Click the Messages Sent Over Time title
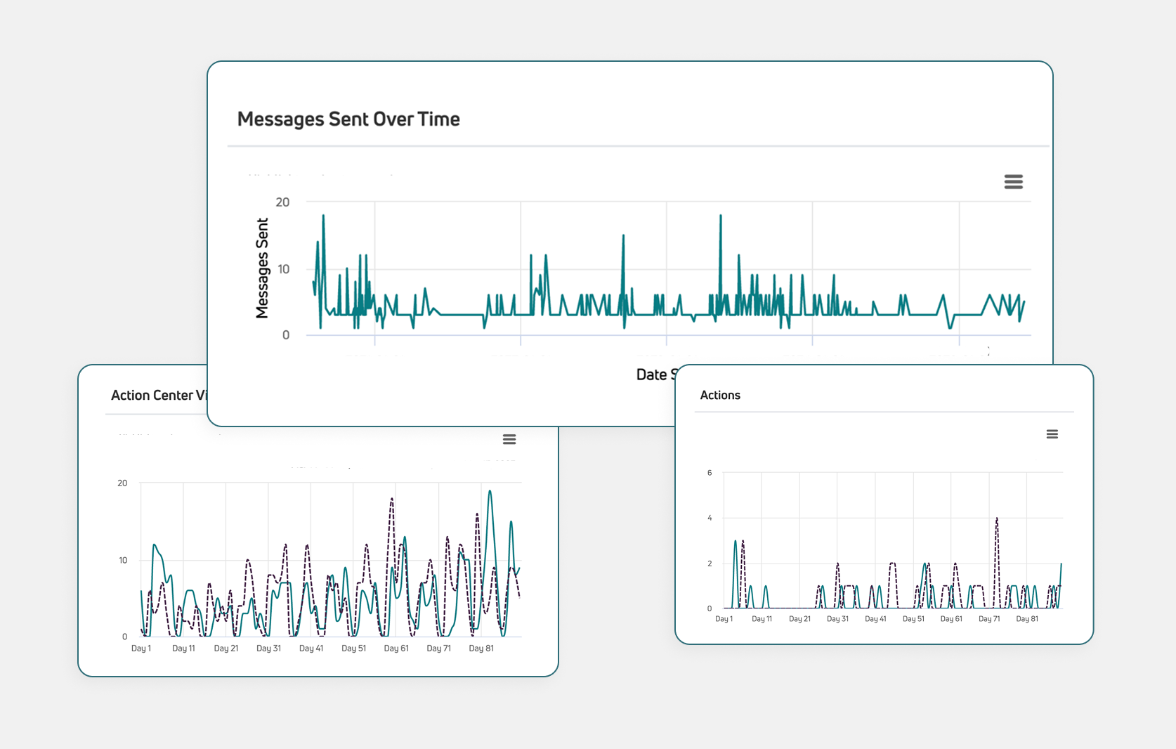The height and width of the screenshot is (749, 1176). tap(348, 119)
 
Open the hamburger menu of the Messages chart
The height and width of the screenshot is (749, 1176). tap(1013, 182)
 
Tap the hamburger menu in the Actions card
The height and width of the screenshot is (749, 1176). tap(1052, 434)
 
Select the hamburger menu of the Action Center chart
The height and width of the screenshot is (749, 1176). tap(509, 439)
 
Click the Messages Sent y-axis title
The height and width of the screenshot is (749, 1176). tap(262, 268)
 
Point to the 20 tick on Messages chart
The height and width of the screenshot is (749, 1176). tap(282, 202)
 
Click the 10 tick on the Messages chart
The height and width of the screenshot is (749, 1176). tap(283, 269)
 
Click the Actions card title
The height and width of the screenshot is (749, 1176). tap(720, 395)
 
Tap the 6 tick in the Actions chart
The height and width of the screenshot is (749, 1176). tap(710, 473)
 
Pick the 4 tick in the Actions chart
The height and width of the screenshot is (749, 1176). tap(710, 518)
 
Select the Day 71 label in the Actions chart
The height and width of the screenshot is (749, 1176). tap(989, 619)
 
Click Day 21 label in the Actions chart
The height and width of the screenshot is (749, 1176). tap(799, 619)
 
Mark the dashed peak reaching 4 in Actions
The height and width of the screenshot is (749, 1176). tap(996, 519)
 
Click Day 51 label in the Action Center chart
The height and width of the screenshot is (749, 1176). tap(353, 649)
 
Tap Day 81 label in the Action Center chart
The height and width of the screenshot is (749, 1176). tap(481, 649)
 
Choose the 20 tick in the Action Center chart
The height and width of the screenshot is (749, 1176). tap(122, 483)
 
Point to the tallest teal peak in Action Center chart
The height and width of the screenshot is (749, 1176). tap(490, 491)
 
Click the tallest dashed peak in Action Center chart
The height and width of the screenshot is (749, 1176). tap(391, 499)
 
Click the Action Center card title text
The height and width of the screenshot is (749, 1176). tap(159, 395)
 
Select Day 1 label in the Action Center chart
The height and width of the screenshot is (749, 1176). tap(141, 649)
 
